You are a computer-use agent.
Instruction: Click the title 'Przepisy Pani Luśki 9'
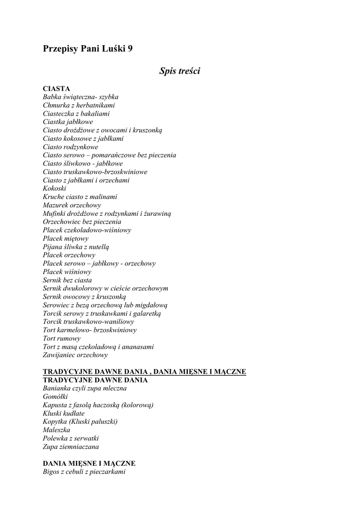pos(87,49)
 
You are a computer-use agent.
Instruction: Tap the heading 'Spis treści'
pos(179,71)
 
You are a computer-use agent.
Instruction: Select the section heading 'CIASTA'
pos(57,88)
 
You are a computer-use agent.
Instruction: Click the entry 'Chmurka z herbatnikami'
pos(79,105)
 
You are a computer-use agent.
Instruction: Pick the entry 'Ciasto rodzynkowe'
pos(71,147)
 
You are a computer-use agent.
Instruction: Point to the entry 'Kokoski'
pos(55,189)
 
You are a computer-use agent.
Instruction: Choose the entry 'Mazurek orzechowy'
pos(72,205)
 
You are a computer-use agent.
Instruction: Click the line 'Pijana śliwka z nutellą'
pos(76,247)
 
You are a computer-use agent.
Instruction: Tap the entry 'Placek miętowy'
pos(66,238)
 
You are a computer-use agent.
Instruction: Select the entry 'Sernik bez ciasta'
pos(68,280)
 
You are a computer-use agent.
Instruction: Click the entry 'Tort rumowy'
pos(62,338)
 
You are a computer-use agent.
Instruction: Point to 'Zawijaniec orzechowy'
pos(75,355)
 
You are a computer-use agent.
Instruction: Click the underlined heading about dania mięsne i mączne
pos(144,372)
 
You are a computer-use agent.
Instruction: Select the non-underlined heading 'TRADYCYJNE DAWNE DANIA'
pos(95,380)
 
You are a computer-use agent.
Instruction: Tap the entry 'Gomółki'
pos(56,396)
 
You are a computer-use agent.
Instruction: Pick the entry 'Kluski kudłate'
pos(64,413)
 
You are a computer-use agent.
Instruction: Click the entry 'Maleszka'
pos(58,430)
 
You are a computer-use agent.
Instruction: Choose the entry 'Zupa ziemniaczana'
pos(71,446)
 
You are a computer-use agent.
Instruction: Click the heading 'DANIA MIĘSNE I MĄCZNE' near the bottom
pos(89,463)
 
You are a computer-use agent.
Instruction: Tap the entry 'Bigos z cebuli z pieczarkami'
pos(84,471)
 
